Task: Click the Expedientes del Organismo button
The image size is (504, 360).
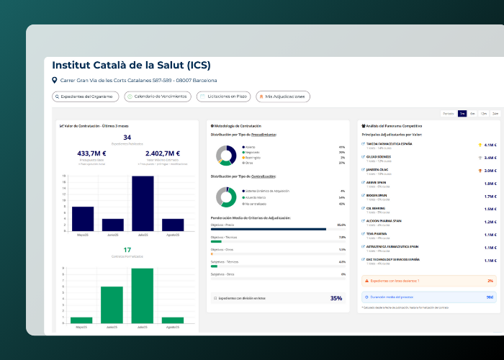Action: tap(85, 96)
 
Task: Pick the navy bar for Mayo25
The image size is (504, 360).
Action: tap(83, 219)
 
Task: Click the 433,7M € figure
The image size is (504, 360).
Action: tap(91, 153)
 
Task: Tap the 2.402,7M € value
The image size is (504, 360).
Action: tap(163, 153)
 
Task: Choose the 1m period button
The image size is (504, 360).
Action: tap(462, 114)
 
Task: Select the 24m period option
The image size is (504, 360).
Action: tap(495, 114)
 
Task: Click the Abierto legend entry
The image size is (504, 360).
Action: tap(250, 147)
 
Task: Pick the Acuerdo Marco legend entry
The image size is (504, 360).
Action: tap(256, 197)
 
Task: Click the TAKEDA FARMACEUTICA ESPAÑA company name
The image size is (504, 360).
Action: tap(390, 144)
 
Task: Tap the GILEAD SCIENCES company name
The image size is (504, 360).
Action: tap(380, 157)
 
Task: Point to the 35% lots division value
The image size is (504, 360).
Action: tap(336, 298)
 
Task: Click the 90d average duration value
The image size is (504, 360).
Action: tap(490, 296)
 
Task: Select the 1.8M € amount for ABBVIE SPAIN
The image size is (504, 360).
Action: tap(490, 184)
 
